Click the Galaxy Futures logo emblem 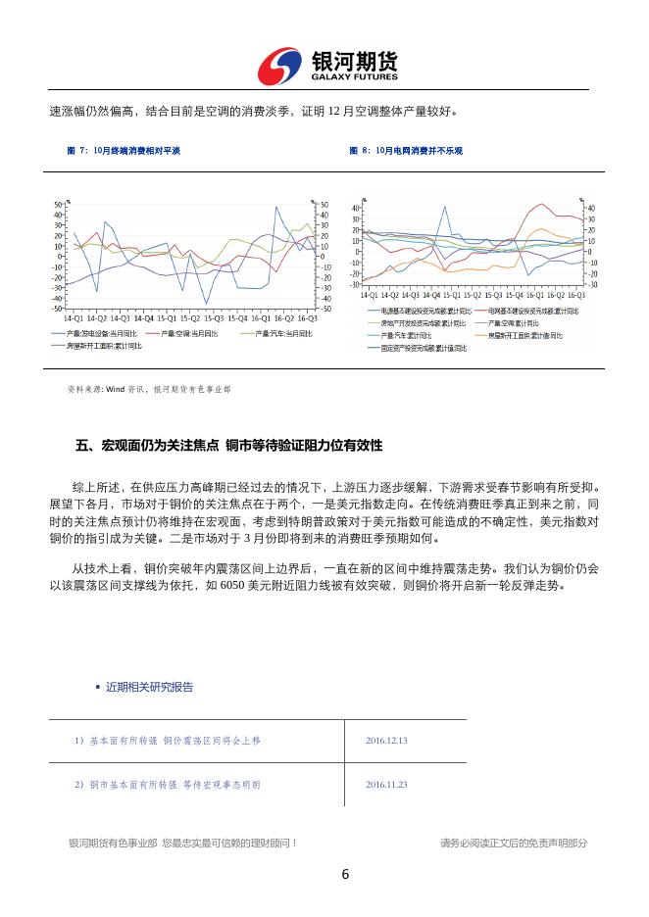click(280, 66)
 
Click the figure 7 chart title click(124, 151)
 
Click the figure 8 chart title click(406, 151)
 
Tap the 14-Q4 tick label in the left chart click(144, 318)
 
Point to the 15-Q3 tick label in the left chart click(215, 318)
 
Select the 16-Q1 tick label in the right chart click(536, 294)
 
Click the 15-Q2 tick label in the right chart click(474, 294)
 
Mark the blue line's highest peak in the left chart click(277, 207)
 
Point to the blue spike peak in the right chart click(447, 207)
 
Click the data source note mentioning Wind click(149, 389)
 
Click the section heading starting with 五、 click(228, 445)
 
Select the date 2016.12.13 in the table click(385, 741)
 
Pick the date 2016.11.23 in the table click(385, 785)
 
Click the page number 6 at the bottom click(345, 875)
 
